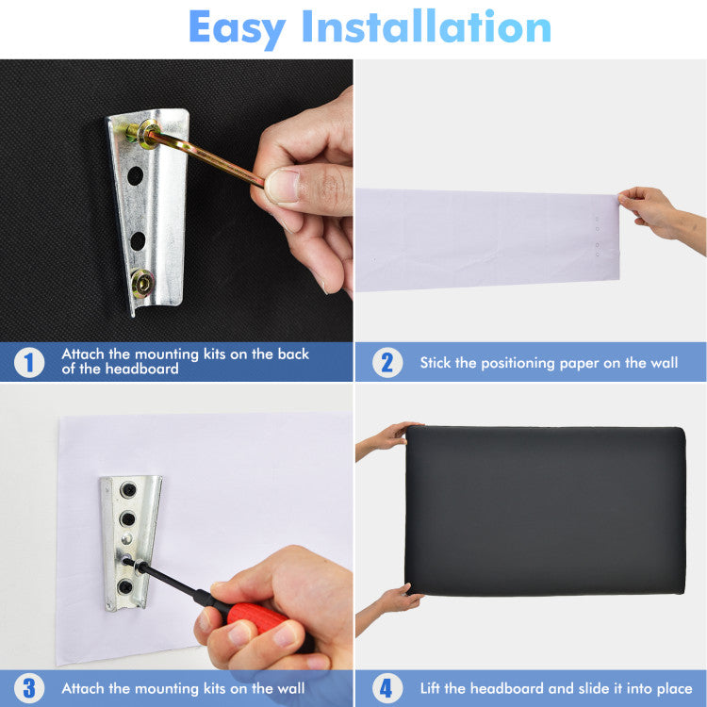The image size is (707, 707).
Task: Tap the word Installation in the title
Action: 426,26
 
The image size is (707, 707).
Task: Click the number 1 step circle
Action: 29,363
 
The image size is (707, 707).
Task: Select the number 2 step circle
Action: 387,363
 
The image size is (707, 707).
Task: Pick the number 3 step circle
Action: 29,688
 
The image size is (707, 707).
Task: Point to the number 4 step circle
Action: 387,688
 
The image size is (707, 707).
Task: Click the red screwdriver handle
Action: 257,616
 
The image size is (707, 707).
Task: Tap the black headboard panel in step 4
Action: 545,510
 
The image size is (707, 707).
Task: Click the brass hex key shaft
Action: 206,157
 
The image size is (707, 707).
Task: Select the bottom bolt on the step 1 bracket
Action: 142,283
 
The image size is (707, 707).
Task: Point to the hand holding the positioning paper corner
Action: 661,219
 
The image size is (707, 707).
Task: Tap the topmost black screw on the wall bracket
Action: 128,490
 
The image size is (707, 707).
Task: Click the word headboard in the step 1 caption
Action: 141,369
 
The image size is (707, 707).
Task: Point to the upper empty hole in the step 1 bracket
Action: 135,175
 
